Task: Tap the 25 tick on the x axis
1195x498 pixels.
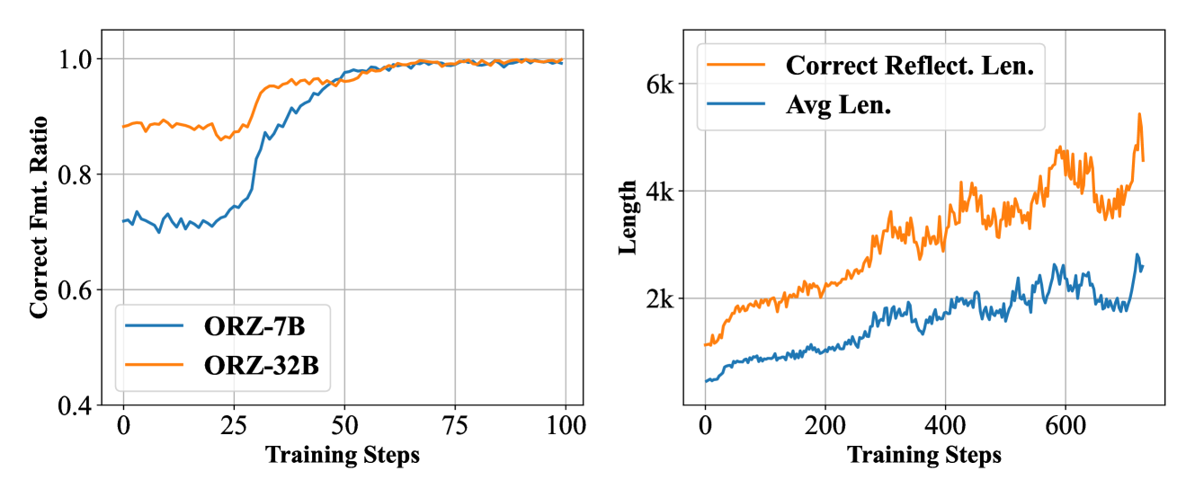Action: [234, 424]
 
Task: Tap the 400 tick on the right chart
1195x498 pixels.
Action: [944, 424]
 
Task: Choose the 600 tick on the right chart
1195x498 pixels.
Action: [1064, 424]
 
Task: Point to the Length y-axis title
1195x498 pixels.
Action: [629, 217]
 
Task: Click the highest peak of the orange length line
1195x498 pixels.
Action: [1139, 114]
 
